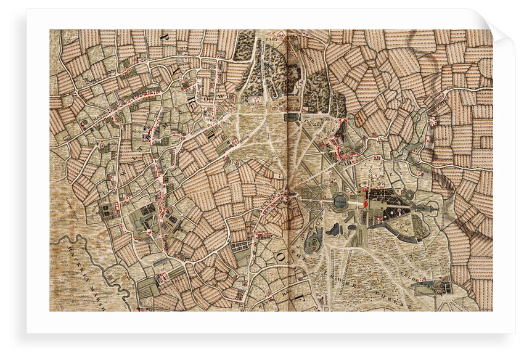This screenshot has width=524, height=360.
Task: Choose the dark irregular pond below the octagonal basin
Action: coord(334,229)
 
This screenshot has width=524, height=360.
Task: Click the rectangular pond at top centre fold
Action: coord(292,117)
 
